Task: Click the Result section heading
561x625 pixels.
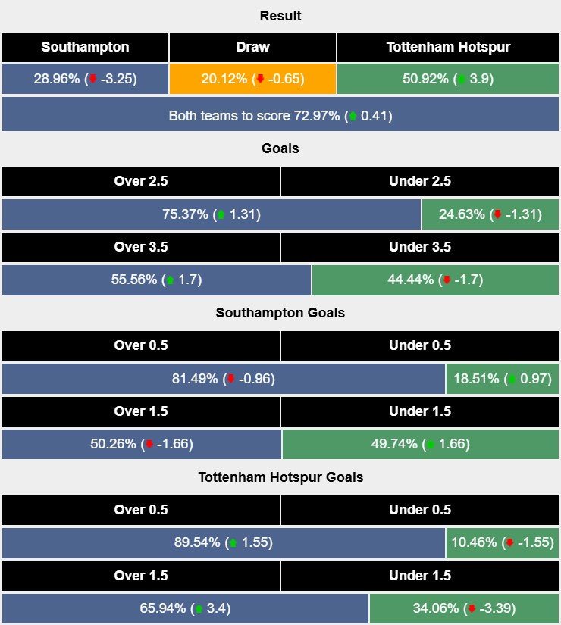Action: pyautogui.click(x=280, y=16)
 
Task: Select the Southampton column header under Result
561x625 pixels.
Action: pyautogui.click(x=85, y=47)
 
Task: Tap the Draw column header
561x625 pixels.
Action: pyautogui.click(x=252, y=47)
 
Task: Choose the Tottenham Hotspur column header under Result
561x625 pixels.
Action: pyautogui.click(x=448, y=47)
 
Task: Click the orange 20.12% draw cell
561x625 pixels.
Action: pyautogui.click(x=252, y=79)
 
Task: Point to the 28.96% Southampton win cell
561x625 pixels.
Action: pyautogui.click(x=85, y=79)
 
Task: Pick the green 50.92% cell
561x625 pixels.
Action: pyautogui.click(x=448, y=79)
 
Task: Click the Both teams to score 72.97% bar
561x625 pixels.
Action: pyautogui.click(x=280, y=116)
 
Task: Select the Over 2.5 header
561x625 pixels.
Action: pyautogui.click(x=141, y=181)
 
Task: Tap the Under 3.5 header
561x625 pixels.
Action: pyautogui.click(x=420, y=247)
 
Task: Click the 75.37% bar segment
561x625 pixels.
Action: pyautogui.click(x=212, y=214)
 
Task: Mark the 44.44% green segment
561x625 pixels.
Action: pyautogui.click(x=435, y=280)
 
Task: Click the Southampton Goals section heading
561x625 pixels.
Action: pyautogui.click(x=280, y=313)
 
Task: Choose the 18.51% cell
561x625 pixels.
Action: pyautogui.click(x=503, y=379)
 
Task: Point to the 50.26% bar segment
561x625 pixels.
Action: pyautogui.click(x=142, y=444)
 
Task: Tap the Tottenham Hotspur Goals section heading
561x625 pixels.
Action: pyautogui.click(x=280, y=477)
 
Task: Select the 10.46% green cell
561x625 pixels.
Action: pyautogui.click(x=503, y=543)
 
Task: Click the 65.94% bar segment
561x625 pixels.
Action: pyautogui.click(x=185, y=608)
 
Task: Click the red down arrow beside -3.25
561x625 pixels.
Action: pyautogui.click(x=92, y=79)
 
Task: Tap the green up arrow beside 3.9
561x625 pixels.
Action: pyautogui.click(x=459, y=79)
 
